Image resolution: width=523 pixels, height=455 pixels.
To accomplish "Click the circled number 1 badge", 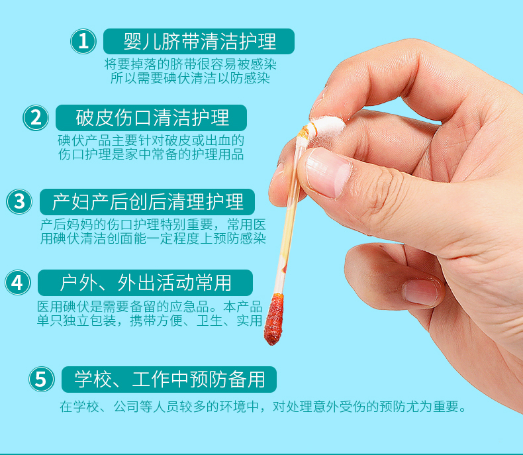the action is pos(83,41).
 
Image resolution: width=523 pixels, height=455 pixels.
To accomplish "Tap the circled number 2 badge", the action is pos(36,118).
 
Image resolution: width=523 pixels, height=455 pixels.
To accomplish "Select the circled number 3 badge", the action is pos(19,202).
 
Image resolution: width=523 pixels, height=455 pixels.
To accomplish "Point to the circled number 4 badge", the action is pos(18,283).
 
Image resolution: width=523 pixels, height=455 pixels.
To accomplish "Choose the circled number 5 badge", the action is pos(41,379).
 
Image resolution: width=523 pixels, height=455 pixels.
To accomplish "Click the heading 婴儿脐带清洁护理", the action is pos(199,41).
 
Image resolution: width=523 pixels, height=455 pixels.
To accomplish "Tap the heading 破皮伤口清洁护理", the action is pos(152,118).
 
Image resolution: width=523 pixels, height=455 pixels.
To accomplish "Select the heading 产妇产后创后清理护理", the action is pos(148,202).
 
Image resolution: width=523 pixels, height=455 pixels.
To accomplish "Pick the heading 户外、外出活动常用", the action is pos(146,283).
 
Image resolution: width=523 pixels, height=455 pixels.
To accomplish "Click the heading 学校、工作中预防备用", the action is pos(169,379).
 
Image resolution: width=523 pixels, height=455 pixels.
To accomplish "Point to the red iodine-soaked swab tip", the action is pos(274,319).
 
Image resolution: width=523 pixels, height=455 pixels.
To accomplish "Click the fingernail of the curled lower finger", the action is pos(421,292).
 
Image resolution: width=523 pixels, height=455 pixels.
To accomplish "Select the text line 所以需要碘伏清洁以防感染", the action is pos(190,79).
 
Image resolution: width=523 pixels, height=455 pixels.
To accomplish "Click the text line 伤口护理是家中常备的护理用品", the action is pos(151,154).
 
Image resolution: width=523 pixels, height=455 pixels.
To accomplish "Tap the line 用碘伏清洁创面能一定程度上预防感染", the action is pos(153,239).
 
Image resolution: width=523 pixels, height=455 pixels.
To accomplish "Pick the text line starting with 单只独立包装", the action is pos(150,321).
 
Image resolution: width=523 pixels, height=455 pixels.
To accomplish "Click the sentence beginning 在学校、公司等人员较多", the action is pos(263,407).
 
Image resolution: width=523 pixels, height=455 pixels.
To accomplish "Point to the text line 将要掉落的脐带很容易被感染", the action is pos(191,64).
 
